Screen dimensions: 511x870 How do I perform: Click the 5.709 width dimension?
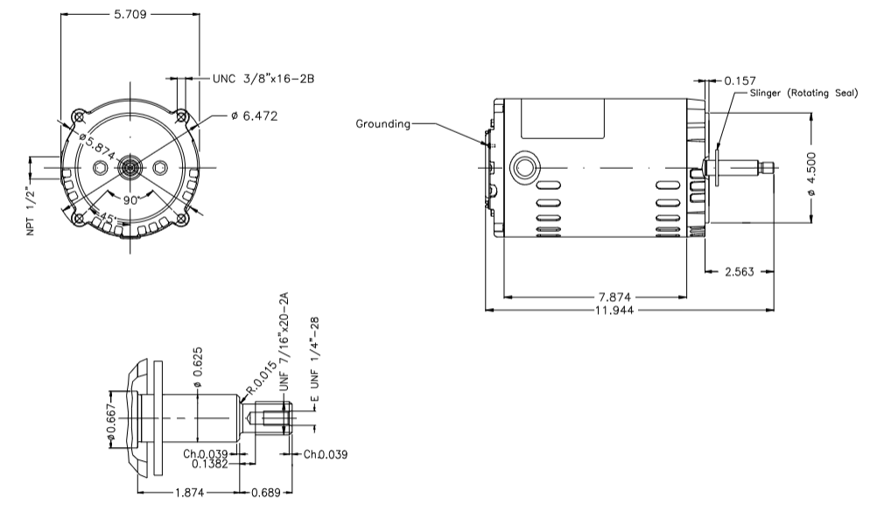point(128,15)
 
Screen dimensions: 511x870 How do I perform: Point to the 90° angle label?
point(131,199)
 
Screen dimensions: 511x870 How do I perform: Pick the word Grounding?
point(382,123)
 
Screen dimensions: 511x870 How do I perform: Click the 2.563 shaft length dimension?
point(739,271)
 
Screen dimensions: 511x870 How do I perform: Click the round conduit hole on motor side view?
point(526,167)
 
